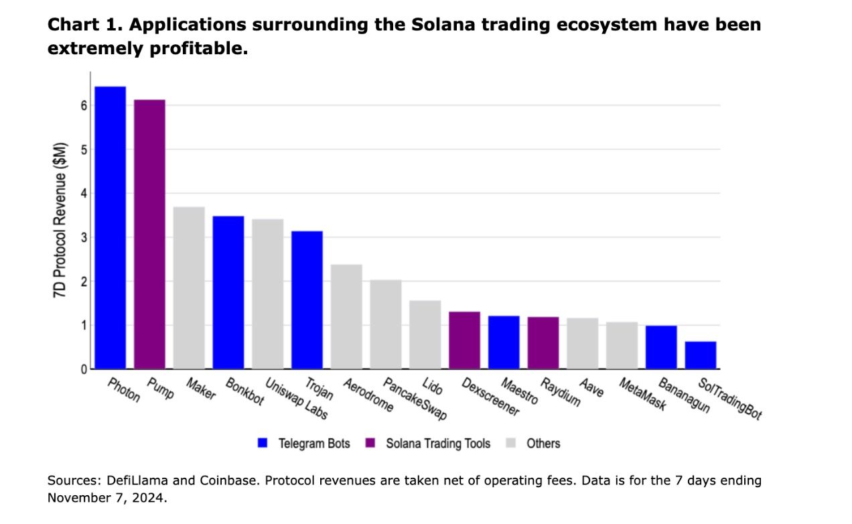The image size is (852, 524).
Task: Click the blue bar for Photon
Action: tap(110, 228)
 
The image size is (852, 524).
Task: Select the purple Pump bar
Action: tap(149, 235)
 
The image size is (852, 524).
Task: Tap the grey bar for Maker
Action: tap(189, 288)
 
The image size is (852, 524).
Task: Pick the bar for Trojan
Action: tap(307, 300)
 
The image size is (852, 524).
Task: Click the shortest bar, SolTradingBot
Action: tap(701, 356)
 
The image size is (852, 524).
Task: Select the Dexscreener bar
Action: tap(464, 340)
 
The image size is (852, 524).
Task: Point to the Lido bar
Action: tap(425, 335)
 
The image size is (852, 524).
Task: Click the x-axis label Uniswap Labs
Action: tap(297, 399)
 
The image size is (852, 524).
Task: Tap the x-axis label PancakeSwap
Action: tap(415, 399)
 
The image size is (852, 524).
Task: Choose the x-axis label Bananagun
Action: tap(683, 395)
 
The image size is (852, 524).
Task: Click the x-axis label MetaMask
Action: tap(642, 394)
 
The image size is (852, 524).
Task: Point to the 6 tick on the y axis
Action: tap(84, 105)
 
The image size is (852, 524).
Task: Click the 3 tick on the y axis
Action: tap(84, 237)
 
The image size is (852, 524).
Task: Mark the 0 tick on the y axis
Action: tap(84, 369)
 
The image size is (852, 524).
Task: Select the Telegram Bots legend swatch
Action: tap(263, 443)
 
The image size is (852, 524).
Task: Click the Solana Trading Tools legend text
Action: tap(438, 443)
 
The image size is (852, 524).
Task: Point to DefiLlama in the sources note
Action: tap(125, 480)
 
